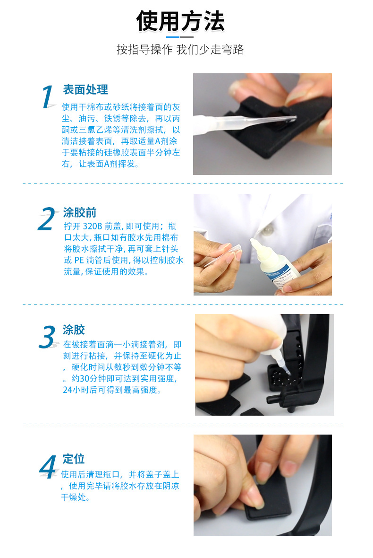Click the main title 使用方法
(x=180, y=21)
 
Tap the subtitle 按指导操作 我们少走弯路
(x=180, y=50)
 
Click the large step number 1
(x=48, y=97)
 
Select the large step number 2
(x=47, y=219)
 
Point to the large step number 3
(x=47, y=337)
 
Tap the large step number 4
(x=48, y=467)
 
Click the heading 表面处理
(x=85, y=90)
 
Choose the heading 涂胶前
(x=80, y=213)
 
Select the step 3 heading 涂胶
(x=74, y=330)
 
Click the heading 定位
(x=74, y=459)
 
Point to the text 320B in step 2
(x=93, y=227)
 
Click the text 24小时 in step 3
(x=76, y=390)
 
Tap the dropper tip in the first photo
(x=294, y=117)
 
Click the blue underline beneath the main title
(x=173, y=37)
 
